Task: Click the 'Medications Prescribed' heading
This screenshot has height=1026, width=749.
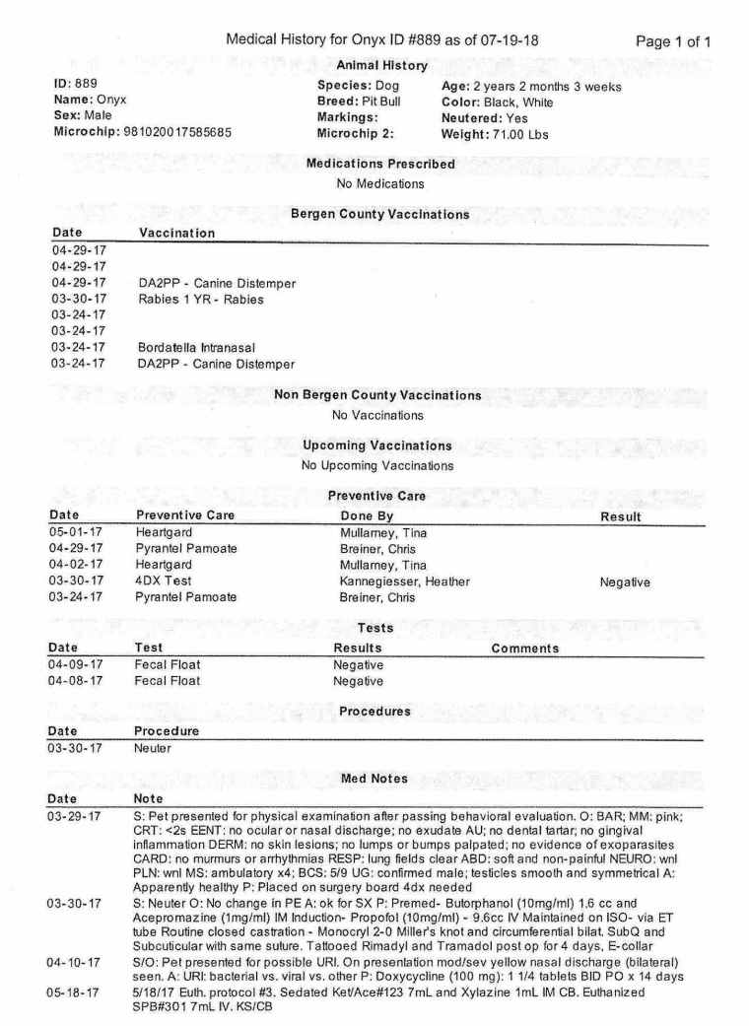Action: [x=380, y=164]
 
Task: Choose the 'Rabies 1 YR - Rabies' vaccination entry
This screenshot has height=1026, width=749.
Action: [x=201, y=299]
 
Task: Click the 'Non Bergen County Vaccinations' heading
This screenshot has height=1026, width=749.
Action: [x=377, y=395]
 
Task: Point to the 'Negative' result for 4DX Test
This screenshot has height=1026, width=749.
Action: [x=625, y=581]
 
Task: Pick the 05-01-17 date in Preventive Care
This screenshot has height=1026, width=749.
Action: [x=77, y=533]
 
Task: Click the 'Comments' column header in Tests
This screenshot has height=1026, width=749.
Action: [x=524, y=648]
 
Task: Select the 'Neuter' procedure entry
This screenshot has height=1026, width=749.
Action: [x=152, y=748]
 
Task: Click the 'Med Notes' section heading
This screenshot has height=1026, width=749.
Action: [x=374, y=779]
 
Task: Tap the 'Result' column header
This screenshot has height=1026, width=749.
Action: [x=621, y=516]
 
